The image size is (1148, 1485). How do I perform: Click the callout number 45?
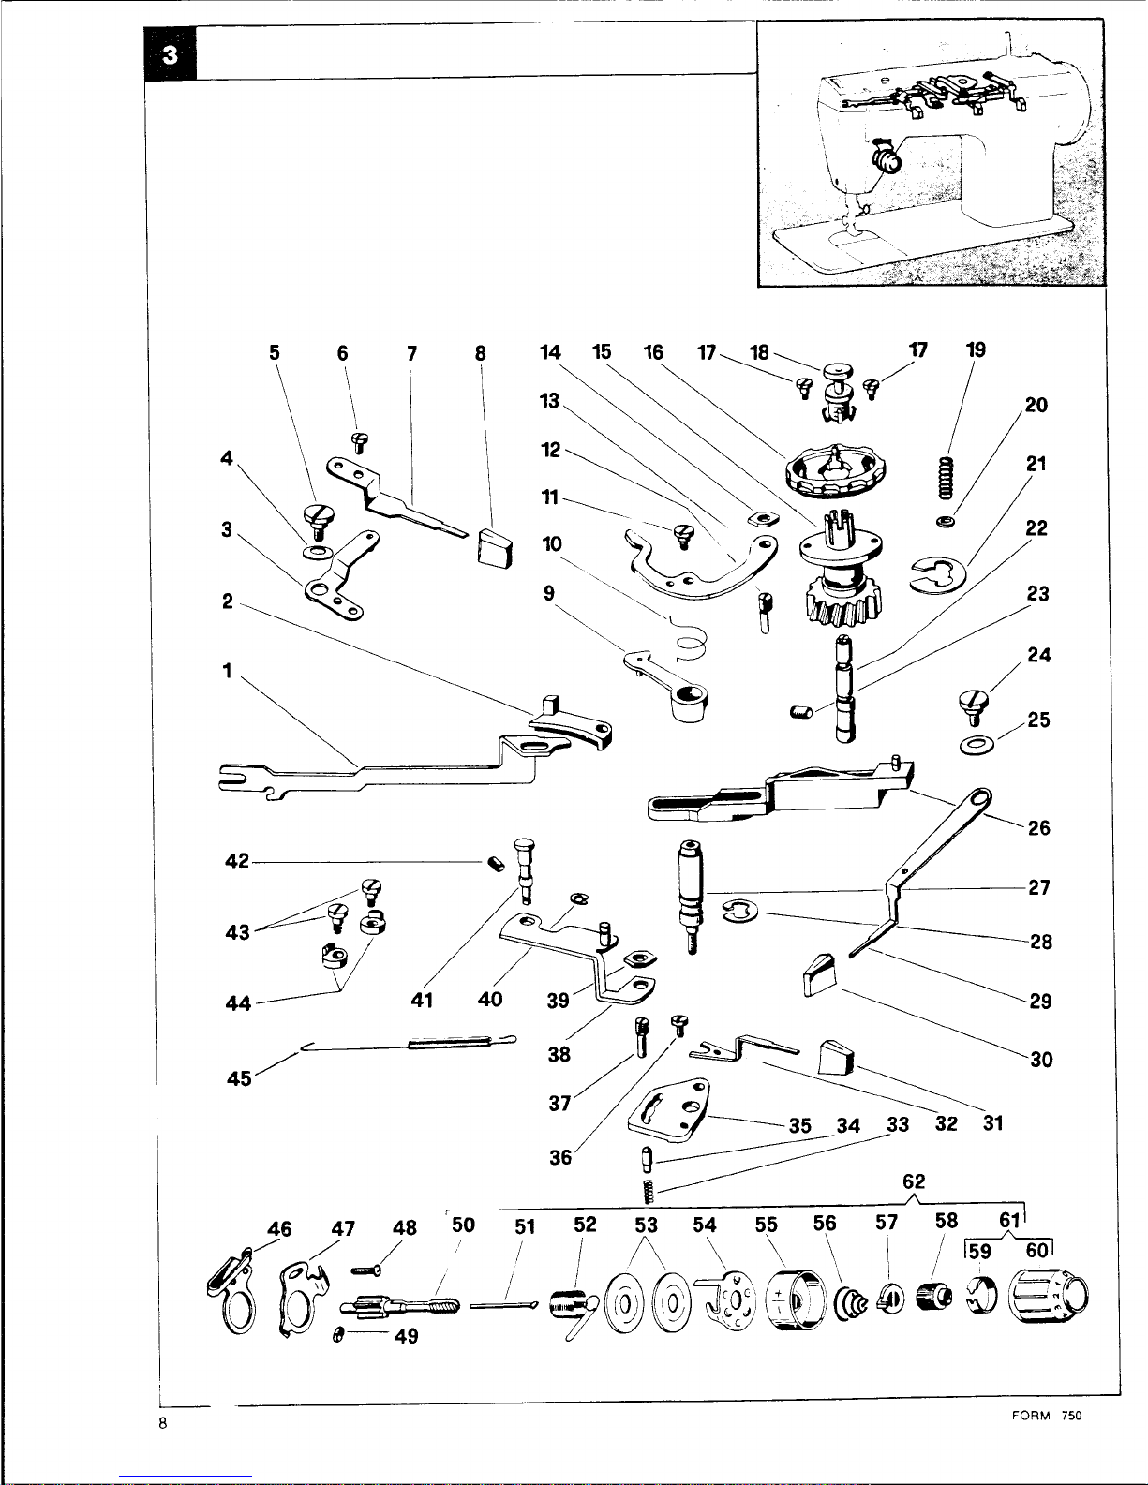click(239, 1078)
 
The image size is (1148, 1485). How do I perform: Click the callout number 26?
click(1038, 827)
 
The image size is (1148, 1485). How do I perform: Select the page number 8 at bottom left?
click(163, 1425)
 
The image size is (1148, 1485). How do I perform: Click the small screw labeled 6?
click(357, 440)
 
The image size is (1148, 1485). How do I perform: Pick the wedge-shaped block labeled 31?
click(838, 1059)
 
